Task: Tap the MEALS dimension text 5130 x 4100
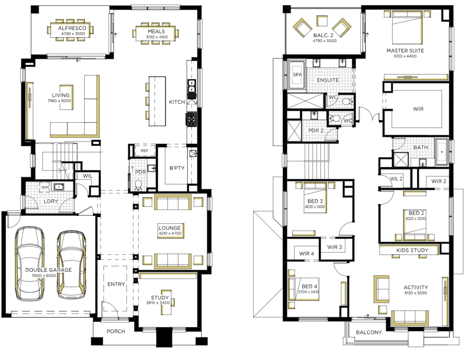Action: pos(157,37)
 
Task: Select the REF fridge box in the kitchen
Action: pos(145,151)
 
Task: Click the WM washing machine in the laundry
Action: pos(45,187)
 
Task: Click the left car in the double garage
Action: pos(30,264)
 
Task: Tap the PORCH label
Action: pos(116,331)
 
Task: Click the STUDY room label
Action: pos(160,297)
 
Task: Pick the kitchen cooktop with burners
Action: pos(191,119)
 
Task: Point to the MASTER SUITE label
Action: pos(405,51)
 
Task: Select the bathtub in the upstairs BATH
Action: pos(442,152)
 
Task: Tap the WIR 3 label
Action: pos(334,247)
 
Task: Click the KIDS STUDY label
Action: pos(412,250)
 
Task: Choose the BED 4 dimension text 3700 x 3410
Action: pos(308,292)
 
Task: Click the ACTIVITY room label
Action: pos(416,287)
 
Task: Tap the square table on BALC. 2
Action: pos(322,21)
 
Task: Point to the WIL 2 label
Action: pos(396,179)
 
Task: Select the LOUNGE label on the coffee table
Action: pos(170,228)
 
